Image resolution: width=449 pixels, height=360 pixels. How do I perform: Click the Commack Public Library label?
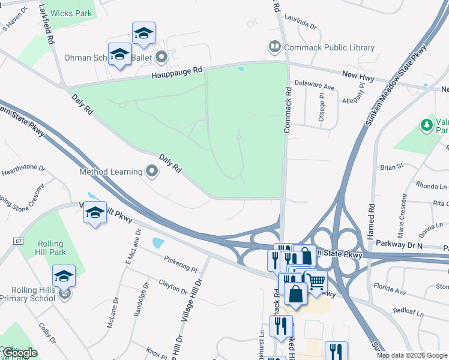329,47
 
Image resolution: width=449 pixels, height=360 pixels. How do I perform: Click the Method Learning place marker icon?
152,172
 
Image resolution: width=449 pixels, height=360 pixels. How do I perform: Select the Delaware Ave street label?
313,87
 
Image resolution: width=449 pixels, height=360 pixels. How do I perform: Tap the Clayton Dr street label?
173,286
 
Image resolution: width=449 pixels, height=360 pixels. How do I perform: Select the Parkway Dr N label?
399,245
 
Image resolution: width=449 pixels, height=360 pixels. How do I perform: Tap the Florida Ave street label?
389,291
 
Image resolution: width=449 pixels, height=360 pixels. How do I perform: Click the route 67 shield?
18,241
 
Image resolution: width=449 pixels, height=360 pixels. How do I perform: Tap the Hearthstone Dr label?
23,170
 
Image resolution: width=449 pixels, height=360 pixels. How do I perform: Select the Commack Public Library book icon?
274,47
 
